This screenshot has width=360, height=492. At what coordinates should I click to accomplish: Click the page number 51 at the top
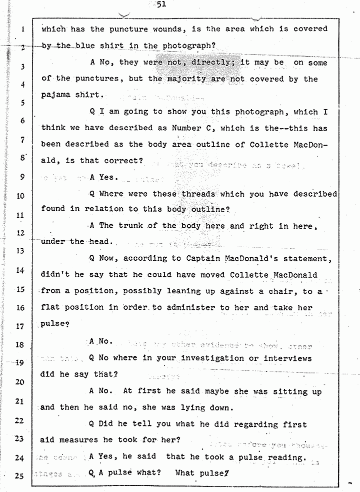point(160,5)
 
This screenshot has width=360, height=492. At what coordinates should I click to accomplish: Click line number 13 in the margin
point(20,251)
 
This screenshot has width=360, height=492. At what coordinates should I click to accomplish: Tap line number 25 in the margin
point(20,476)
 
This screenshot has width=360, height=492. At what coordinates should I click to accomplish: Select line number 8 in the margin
point(22,158)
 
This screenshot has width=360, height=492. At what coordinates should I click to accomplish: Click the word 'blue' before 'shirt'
point(85,46)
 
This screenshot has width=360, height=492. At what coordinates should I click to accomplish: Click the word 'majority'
point(186,79)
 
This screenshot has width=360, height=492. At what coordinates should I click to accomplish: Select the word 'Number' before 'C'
point(187,128)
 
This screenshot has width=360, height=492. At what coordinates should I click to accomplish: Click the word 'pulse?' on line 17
point(55,324)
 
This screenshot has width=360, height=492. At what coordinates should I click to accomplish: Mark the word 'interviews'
point(287,358)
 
